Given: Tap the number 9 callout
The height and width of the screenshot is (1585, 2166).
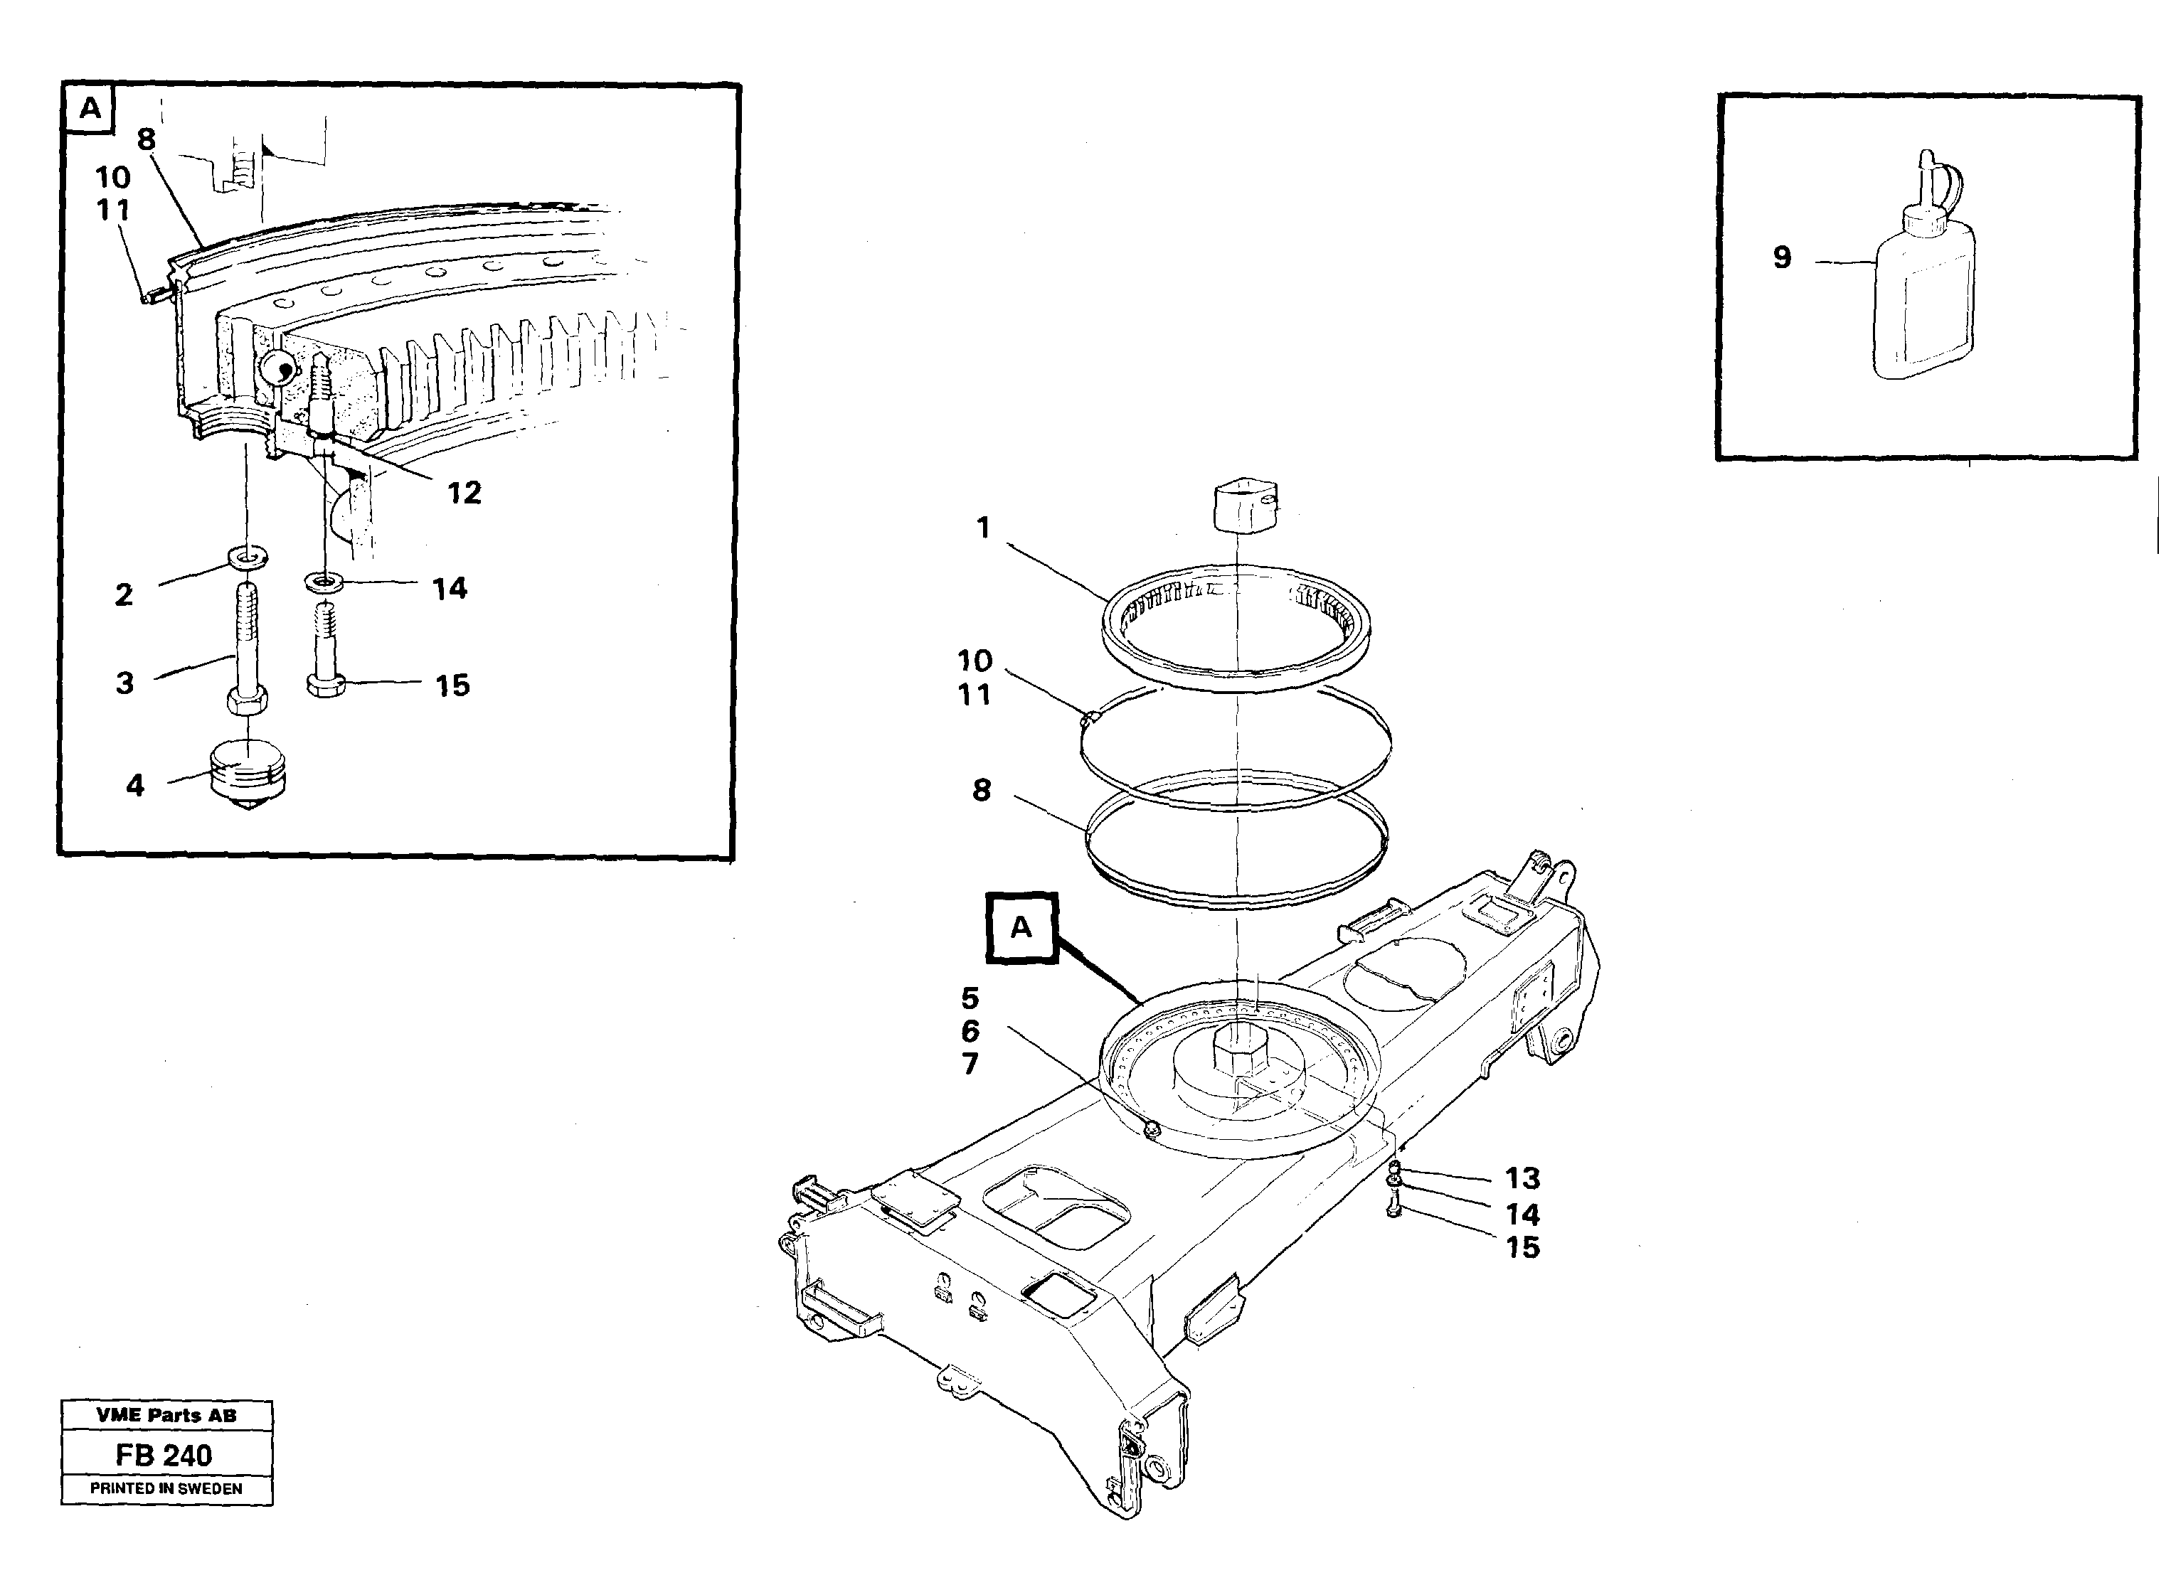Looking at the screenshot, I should (1781, 257).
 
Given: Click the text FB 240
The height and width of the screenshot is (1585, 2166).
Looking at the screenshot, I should (164, 1456).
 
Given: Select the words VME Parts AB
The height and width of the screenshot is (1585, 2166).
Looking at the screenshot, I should (166, 1415).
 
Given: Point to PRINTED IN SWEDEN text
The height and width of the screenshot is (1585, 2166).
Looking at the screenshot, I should (166, 1489).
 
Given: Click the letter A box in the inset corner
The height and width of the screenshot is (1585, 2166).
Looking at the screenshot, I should (89, 108).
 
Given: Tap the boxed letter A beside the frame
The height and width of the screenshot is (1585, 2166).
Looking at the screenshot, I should (1021, 927).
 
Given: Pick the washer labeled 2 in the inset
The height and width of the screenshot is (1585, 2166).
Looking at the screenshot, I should (248, 557).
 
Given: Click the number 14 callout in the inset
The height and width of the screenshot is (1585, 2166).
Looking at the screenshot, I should (449, 588).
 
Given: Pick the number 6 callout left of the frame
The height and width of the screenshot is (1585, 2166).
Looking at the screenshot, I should (970, 1031).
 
